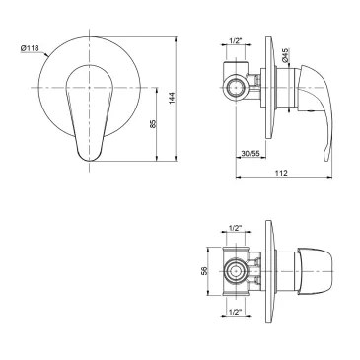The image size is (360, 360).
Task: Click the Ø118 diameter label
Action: click(30, 48)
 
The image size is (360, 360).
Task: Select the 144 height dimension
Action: click(172, 98)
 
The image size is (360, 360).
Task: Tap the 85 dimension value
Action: click(152, 123)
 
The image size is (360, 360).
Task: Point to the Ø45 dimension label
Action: click(285, 55)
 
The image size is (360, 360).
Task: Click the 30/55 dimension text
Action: click(251, 153)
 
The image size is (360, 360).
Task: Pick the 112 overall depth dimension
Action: click(281, 173)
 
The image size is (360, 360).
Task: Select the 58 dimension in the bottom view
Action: click(204, 271)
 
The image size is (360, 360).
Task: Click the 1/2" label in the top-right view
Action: click(235, 41)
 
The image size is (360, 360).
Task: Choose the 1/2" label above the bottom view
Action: click(235, 227)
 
